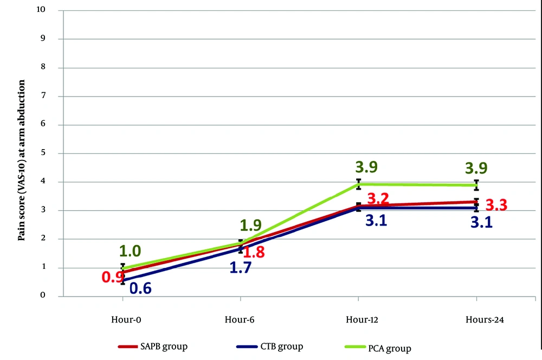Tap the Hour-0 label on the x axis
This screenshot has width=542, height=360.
click(123, 320)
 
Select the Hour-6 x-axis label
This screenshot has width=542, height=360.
click(241, 320)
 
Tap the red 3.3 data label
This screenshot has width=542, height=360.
click(496, 205)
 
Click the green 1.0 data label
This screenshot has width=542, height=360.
click(130, 250)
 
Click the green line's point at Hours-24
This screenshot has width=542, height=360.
click(476, 185)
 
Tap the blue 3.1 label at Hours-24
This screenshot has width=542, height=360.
click(481, 222)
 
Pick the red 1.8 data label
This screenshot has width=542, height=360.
click(254, 252)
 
